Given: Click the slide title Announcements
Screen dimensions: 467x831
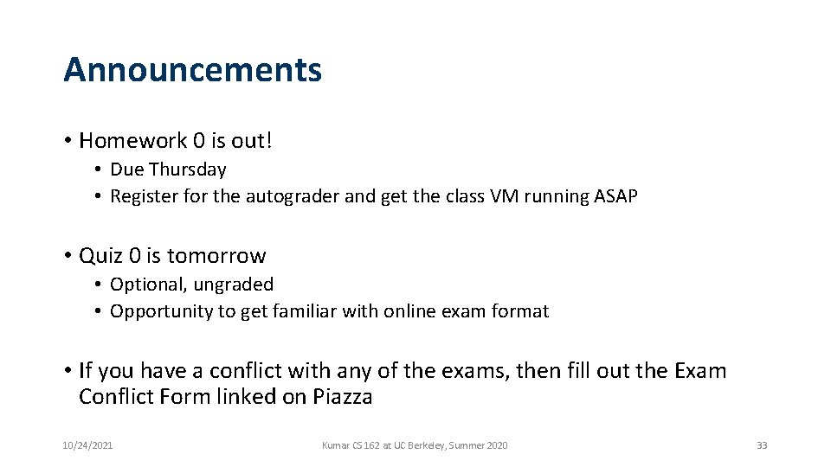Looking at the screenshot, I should pyautogui.click(x=192, y=70).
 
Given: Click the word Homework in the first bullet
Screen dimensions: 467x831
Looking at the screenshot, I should pyautogui.click(x=121, y=140).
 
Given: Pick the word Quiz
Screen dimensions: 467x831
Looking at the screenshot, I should pyautogui.click(x=100, y=256).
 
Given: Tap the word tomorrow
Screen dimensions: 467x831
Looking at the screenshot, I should pyautogui.click(x=216, y=256).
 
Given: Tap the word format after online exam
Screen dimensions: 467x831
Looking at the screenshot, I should pyautogui.click(x=522, y=311).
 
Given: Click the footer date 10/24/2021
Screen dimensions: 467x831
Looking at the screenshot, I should pyautogui.click(x=87, y=445).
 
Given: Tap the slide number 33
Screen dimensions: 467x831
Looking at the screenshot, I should pyautogui.click(x=762, y=445).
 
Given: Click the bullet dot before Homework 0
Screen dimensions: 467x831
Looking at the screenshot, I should pyautogui.click(x=67, y=141).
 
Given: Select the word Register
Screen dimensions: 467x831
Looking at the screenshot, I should pyautogui.click(x=144, y=196).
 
